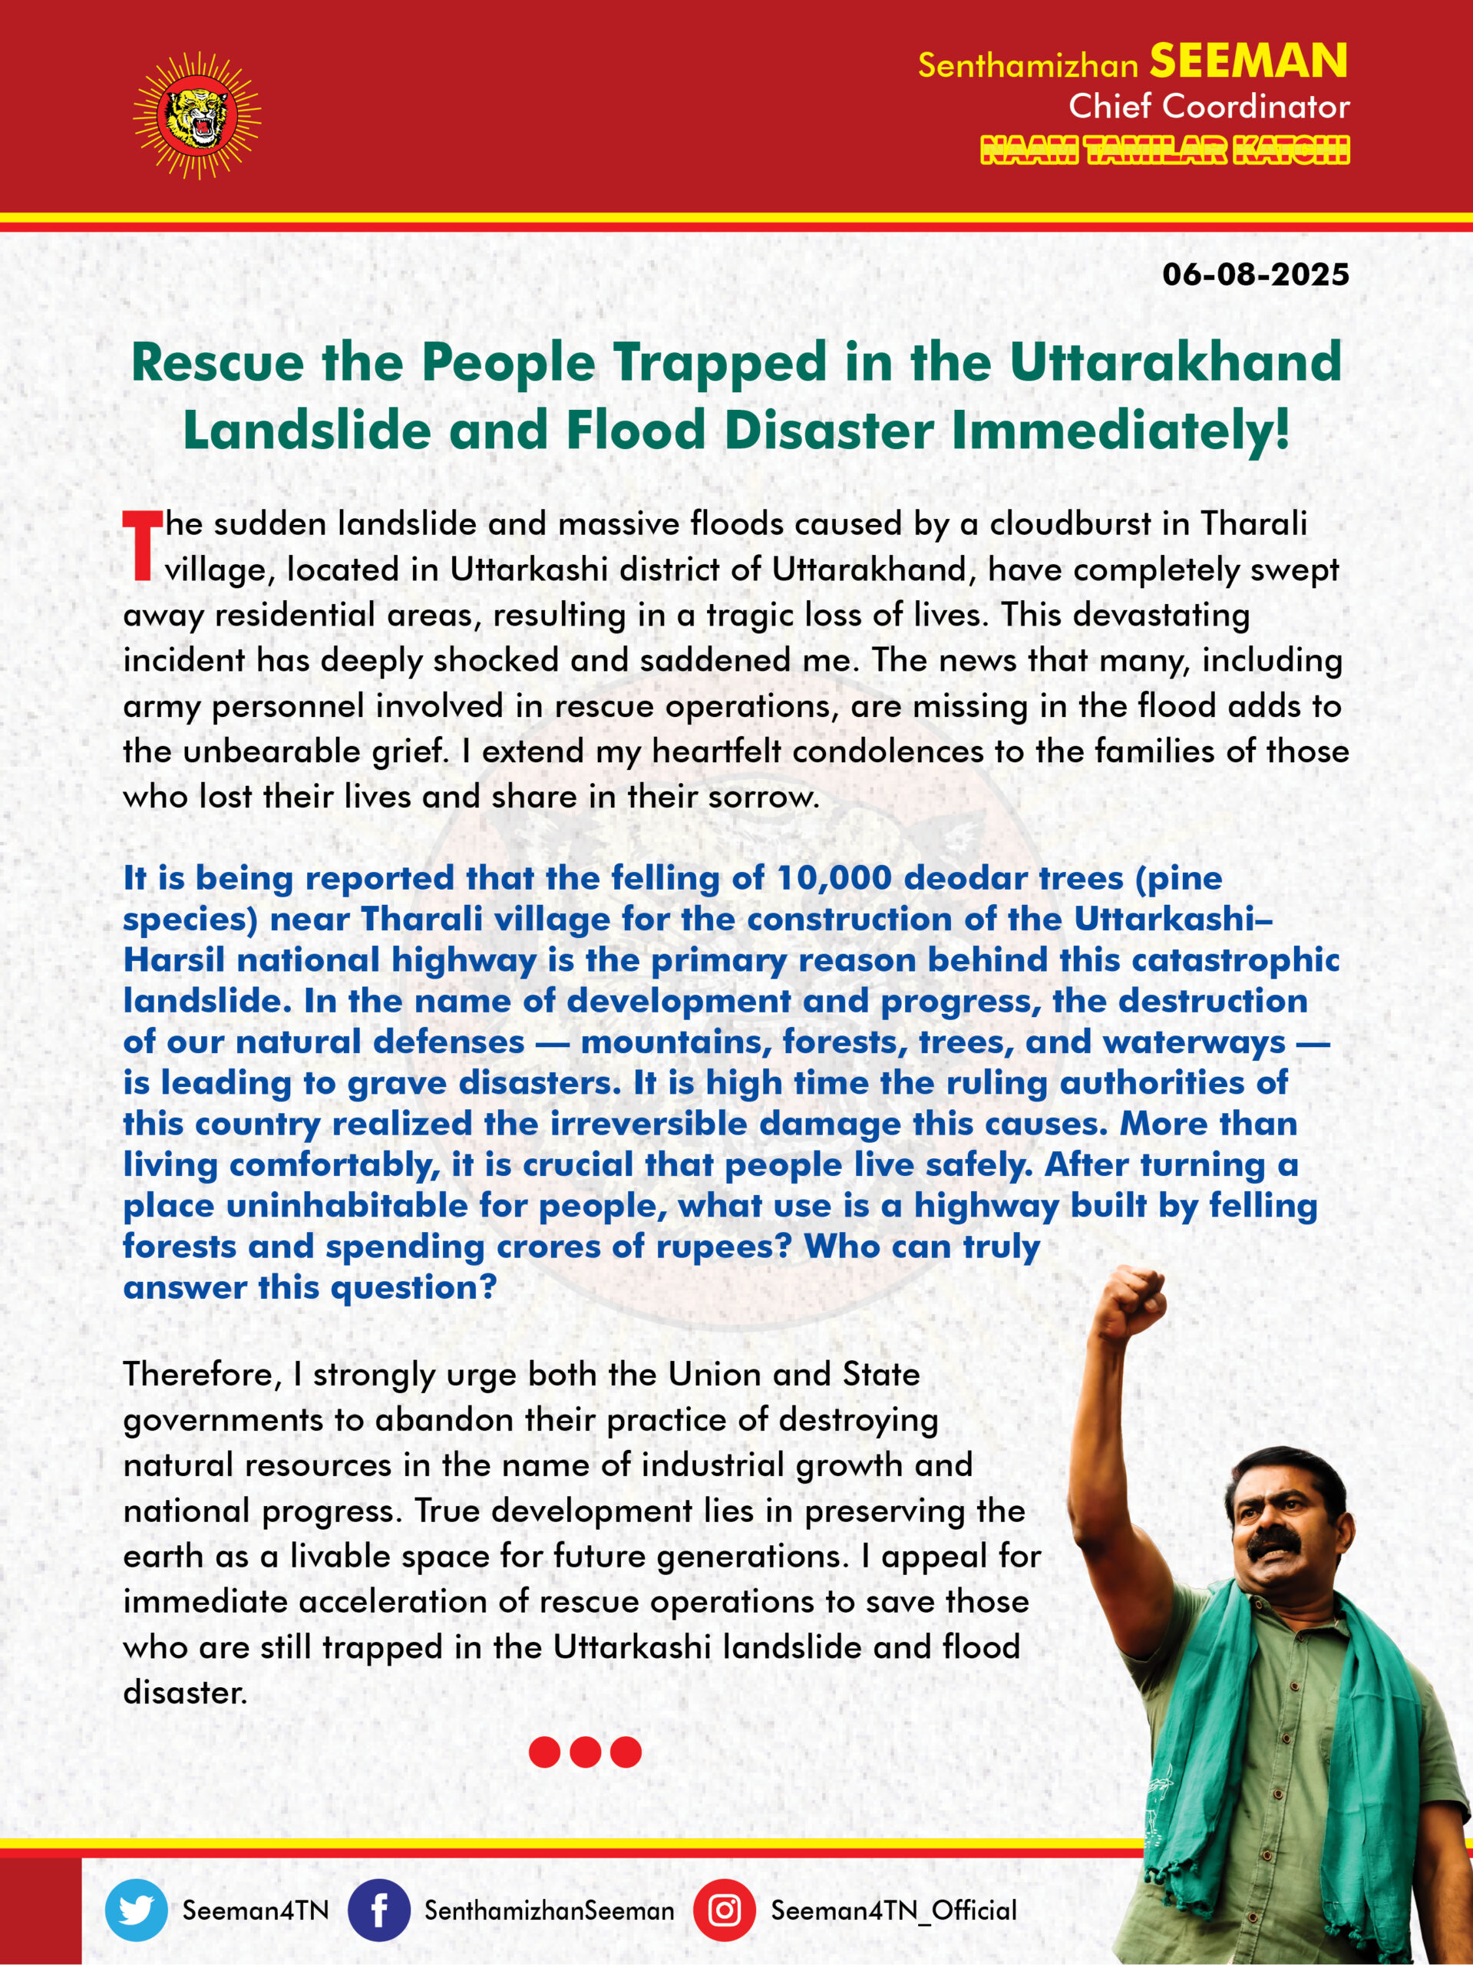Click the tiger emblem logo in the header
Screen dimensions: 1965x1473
pos(197,115)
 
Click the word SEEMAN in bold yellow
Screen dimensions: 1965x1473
pos(1248,61)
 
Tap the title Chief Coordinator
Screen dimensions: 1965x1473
pos(1208,107)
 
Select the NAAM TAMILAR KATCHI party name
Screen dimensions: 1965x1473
pos(1164,150)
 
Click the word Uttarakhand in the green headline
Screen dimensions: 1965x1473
pos(1174,362)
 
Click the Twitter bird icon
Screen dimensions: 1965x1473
pos(136,1910)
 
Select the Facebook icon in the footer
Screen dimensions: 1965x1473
pos(378,1910)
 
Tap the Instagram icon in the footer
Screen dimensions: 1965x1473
pos(724,1910)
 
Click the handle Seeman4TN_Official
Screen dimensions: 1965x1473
pos(893,1910)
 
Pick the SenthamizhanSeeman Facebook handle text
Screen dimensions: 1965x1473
pos(549,1910)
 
